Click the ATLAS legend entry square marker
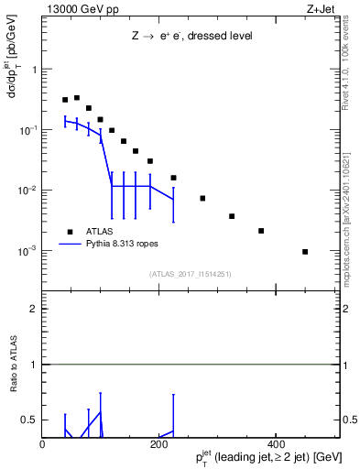pyautogui.click(x=69, y=232)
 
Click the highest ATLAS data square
pyautogui.click(x=77, y=97)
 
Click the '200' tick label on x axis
pyautogui.click(x=159, y=444)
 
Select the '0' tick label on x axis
pyautogui.click(x=43, y=444)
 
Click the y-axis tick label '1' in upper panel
pyautogui.click(x=35, y=70)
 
